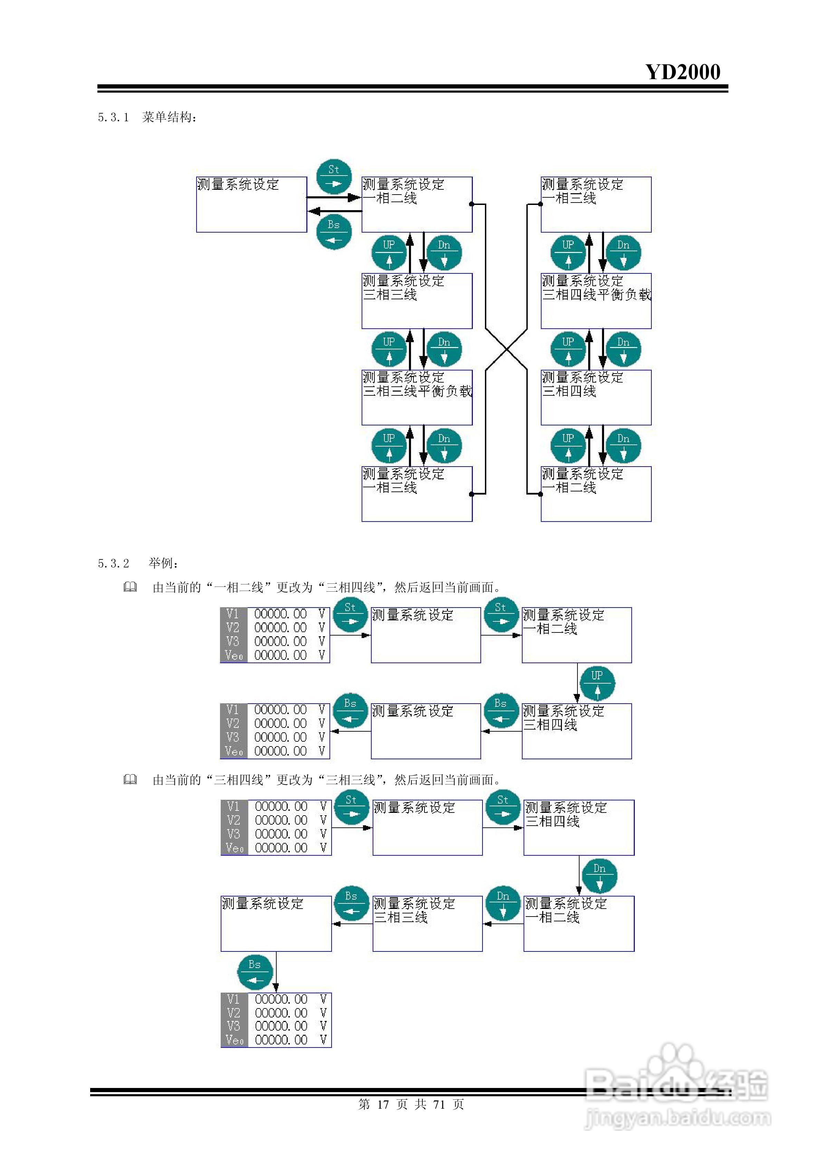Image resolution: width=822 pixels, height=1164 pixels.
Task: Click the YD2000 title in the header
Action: coord(682,72)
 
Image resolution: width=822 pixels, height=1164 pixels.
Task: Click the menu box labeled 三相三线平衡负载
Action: coord(417,397)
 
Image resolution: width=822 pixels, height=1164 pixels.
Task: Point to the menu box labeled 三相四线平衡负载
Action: coord(596,301)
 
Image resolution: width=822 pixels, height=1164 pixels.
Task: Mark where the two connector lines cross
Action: coord(506,349)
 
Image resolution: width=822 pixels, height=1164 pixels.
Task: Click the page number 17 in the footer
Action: coord(383,1104)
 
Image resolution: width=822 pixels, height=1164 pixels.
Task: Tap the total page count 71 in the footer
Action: coord(439,1104)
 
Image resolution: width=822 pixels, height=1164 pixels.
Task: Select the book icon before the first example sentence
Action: coord(130,587)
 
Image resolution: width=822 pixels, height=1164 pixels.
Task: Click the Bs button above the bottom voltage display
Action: coord(255,971)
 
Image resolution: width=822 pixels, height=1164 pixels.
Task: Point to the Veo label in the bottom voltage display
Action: coord(234,1040)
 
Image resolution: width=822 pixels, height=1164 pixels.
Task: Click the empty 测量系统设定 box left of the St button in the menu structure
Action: coord(251,204)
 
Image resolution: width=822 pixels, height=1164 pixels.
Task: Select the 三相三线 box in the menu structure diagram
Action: coord(417,301)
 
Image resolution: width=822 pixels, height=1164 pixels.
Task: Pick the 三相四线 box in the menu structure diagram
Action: coord(596,397)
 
